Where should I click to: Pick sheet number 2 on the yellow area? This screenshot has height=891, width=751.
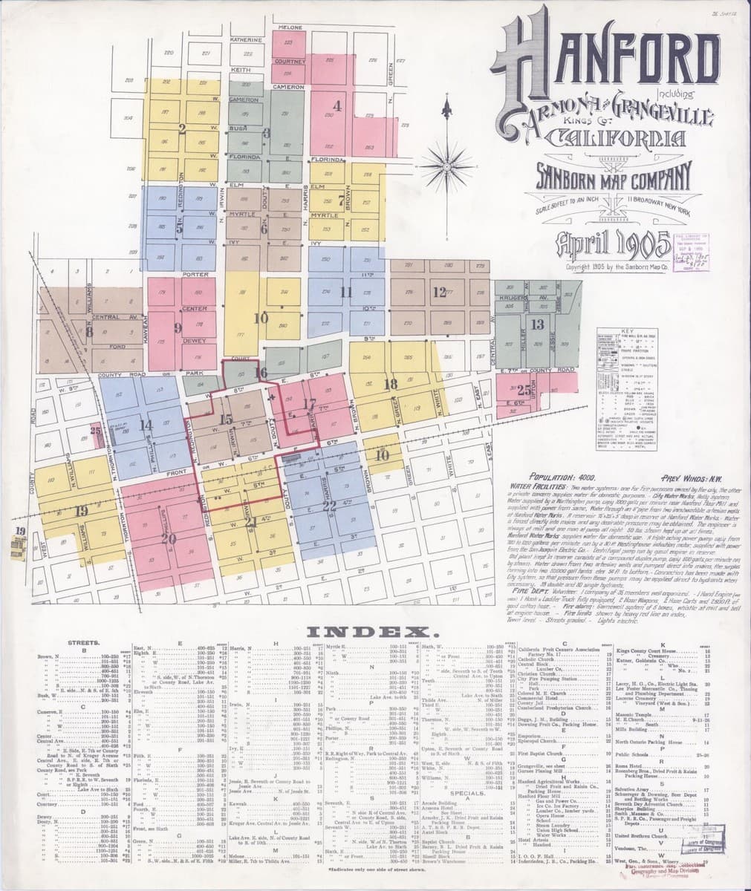pyautogui.click(x=182, y=127)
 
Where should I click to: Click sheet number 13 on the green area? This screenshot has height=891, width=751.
pyautogui.click(x=538, y=324)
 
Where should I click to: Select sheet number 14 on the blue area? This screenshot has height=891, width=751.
pyautogui.click(x=146, y=425)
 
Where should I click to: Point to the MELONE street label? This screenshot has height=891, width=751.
pyautogui.click(x=289, y=27)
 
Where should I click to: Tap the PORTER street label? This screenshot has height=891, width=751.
pyautogui.click(x=193, y=275)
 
